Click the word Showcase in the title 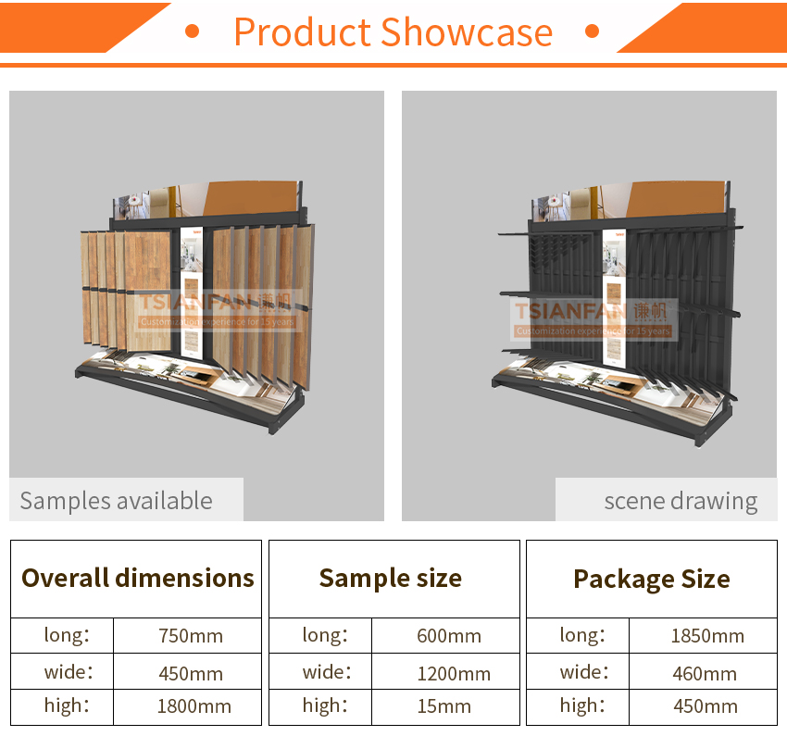[x=467, y=32]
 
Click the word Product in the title [x=303, y=32]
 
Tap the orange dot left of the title [x=192, y=31]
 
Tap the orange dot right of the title [x=593, y=31]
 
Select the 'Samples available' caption [x=117, y=501]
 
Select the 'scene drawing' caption [x=681, y=501]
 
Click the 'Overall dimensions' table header [x=138, y=578]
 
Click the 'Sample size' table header [x=391, y=578]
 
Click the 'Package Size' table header [x=652, y=579]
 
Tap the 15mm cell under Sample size [x=444, y=706]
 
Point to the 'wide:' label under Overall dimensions [x=69, y=672]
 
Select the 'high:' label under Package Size [x=582, y=705]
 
